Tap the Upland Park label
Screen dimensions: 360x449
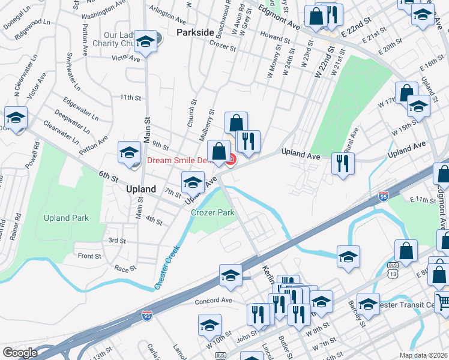tap(66, 218)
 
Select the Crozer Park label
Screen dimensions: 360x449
tap(212, 212)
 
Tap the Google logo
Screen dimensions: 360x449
tap(20, 353)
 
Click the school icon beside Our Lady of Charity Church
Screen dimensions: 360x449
tap(145, 42)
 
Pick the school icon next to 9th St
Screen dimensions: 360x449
tap(129, 154)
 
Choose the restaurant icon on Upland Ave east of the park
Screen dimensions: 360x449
tap(343, 164)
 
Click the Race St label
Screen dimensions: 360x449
tap(125, 269)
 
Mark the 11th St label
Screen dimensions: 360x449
tap(130, 97)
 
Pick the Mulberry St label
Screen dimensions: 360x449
tap(211, 120)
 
